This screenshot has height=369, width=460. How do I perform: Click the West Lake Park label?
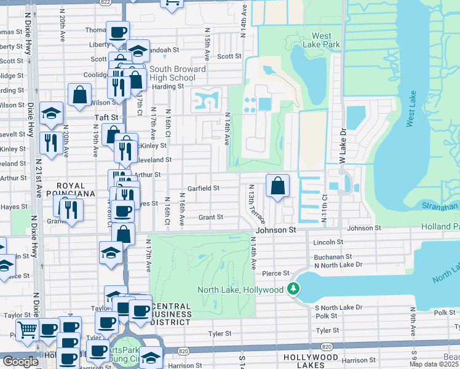coord(322,40)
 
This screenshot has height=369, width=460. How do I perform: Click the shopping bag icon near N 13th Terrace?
coord(278,185)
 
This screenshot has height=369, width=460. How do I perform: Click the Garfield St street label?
coord(204,188)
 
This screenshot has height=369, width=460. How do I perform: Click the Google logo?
coord(20,361)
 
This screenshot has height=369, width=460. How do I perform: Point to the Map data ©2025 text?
coord(434,364)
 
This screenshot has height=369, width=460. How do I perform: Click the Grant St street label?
coord(210,217)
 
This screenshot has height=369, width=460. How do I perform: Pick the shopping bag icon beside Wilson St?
coord(80,95)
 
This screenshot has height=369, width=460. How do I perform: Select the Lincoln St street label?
coord(327,242)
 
